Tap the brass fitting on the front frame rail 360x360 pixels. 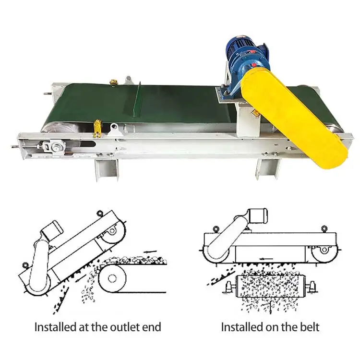click(97, 128)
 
